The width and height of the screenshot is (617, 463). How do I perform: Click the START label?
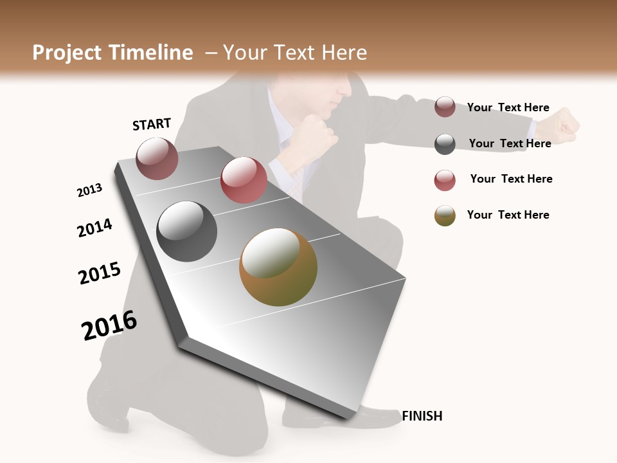pos(152,124)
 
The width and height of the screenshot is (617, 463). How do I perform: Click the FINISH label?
pos(422,416)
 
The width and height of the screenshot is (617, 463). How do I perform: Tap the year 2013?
pos(89,190)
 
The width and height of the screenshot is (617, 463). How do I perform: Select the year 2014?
pos(94,228)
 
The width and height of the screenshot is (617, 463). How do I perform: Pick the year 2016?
pos(109,325)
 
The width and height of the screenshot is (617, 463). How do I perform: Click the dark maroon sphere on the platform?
pos(157,159)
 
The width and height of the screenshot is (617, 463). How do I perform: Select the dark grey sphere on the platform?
pos(186,232)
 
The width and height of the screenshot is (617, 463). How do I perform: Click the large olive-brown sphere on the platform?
pos(278,267)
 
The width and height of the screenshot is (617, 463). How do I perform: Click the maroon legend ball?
pos(445,107)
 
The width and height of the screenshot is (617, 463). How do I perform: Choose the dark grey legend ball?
pos(445,144)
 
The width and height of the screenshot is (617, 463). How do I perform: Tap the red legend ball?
pos(445,180)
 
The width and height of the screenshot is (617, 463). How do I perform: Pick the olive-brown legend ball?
pos(445,215)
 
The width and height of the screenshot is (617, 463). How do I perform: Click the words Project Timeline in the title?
pos(112,53)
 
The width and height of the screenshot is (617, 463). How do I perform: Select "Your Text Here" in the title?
pos(295,53)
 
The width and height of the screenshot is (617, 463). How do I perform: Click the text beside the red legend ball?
pos(511,179)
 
